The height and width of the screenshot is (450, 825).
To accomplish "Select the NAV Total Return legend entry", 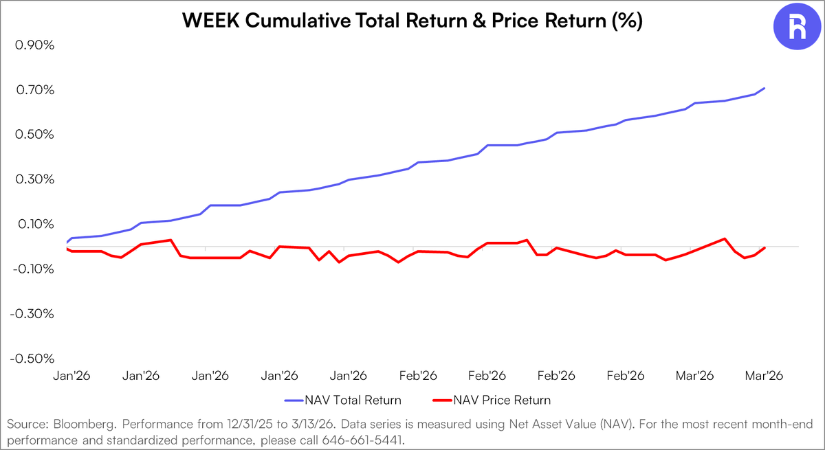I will click(342, 400).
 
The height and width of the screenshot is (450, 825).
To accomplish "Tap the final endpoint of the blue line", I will click(764, 88).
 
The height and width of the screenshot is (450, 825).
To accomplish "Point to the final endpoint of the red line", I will click(764, 247).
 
